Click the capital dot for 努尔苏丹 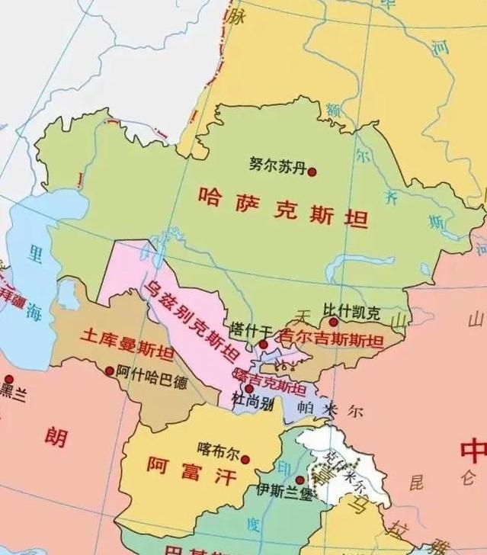pos(312,171)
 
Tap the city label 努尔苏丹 pos(277,164)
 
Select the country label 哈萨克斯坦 pos(283,207)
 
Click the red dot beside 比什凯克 pos(333,322)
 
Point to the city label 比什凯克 pos(351,311)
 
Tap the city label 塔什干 pos(251,329)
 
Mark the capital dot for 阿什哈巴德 pos(109,371)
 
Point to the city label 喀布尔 pos(218,448)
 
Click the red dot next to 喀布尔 pos(245,458)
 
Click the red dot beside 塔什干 pos(263,345)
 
